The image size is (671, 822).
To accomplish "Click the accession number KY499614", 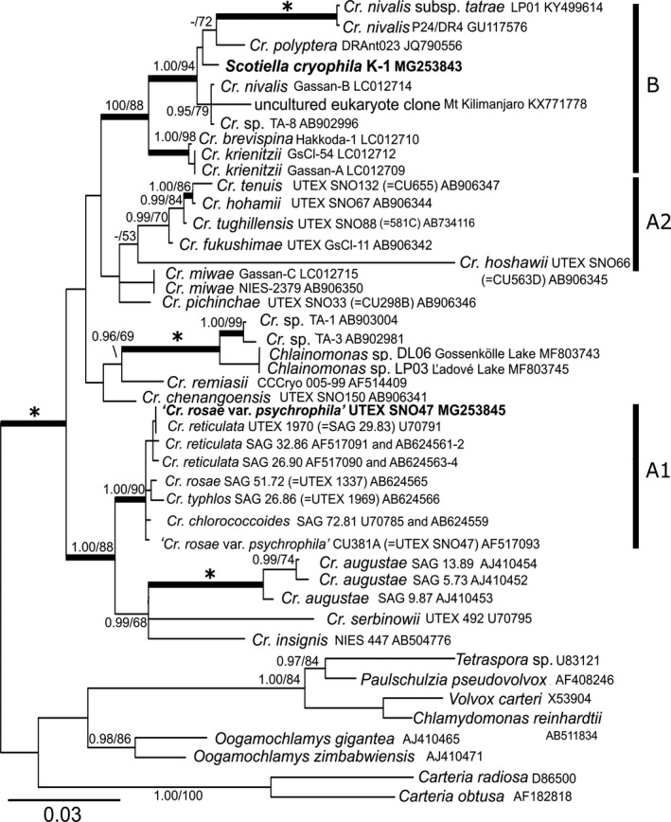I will (529, 14).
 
